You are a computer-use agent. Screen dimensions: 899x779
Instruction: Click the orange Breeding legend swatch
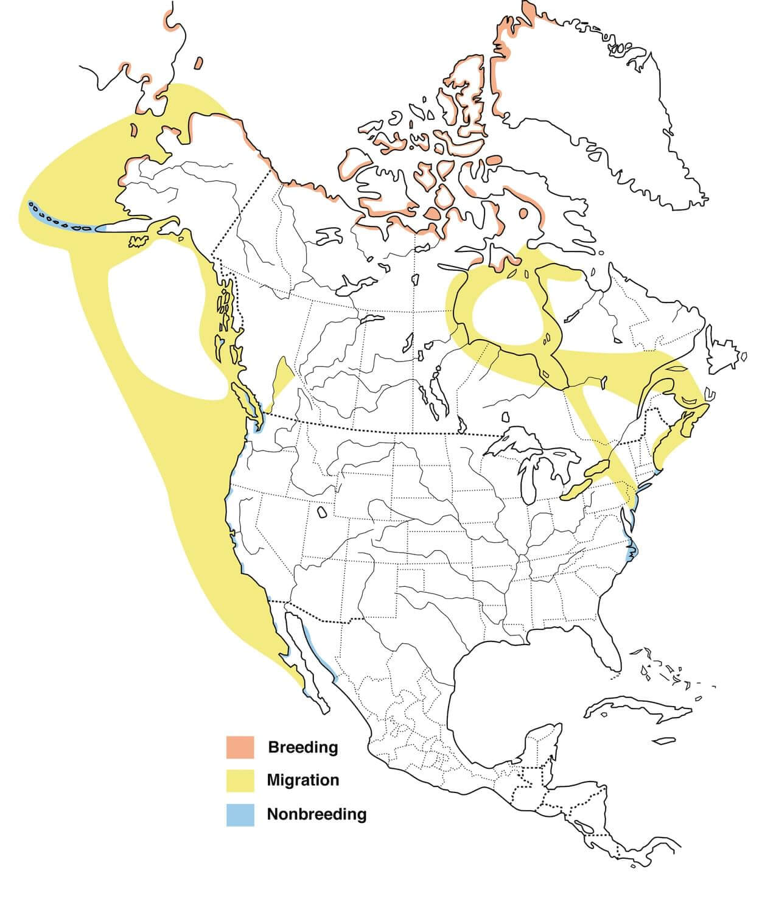coord(239,747)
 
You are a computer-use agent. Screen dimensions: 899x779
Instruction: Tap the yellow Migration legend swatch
coord(239,780)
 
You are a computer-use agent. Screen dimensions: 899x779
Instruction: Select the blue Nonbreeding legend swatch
coord(239,813)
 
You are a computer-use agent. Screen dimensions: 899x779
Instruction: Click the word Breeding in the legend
coord(302,747)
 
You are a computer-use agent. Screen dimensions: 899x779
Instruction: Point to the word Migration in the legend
coord(302,780)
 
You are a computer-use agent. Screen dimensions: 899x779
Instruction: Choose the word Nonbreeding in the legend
coord(316,813)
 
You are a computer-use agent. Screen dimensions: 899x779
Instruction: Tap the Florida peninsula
coord(606,651)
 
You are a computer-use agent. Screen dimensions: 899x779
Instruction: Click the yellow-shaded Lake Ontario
coord(596,469)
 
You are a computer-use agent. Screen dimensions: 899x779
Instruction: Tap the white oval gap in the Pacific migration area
coord(158,329)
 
